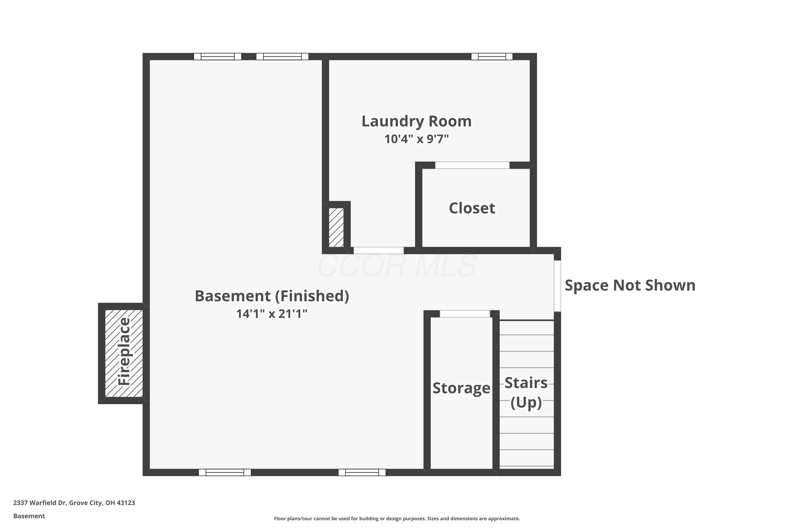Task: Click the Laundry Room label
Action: click(416, 121)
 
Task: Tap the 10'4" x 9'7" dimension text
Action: click(416, 139)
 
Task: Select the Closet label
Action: click(472, 208)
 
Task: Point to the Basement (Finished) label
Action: click(272, 296)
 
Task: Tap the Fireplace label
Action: click(124, 351)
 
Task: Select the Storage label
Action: click(461, 388)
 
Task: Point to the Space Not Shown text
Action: click(630, 285)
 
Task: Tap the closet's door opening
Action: click(472, 165)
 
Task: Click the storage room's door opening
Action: click(464, 314)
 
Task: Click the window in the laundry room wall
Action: click(492, 57)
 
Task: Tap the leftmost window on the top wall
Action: click(218, 57)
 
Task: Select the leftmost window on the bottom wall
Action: click(225, 472)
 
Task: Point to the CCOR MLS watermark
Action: click(397, 266)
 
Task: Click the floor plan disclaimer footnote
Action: click(397, 518)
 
